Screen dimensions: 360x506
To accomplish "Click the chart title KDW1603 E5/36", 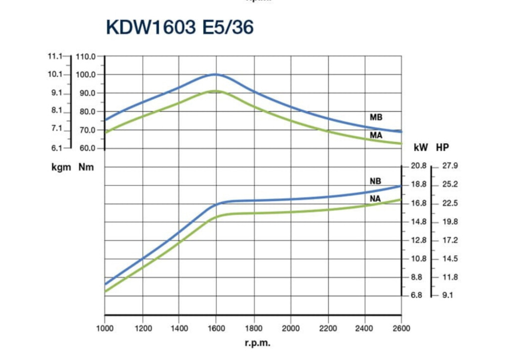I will click(180, 28).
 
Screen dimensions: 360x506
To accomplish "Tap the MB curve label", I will click(376, 118).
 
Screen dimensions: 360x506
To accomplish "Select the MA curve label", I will click(376, 135).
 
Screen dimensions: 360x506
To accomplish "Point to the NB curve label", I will click(375, 181).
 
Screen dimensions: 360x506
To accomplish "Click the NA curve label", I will click(375, 199).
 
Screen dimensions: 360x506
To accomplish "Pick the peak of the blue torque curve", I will click(215, 74).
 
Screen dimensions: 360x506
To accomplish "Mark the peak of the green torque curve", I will click(216, 90).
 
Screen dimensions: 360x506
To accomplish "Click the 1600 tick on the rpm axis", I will click(216, 327).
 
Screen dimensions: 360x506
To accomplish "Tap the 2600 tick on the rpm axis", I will click(401, 327).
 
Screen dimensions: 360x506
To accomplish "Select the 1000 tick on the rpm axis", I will click(104, 327).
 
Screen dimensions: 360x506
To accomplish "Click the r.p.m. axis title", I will click(258, 343).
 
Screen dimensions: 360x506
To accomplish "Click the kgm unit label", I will click(60, 167).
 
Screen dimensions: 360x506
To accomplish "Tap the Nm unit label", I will click(86, 167).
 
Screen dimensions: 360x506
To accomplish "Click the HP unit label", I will click(442, 147).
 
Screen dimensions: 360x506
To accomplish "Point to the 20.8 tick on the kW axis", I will click(418, 166).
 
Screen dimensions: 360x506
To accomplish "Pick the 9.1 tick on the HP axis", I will click(447, 296).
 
